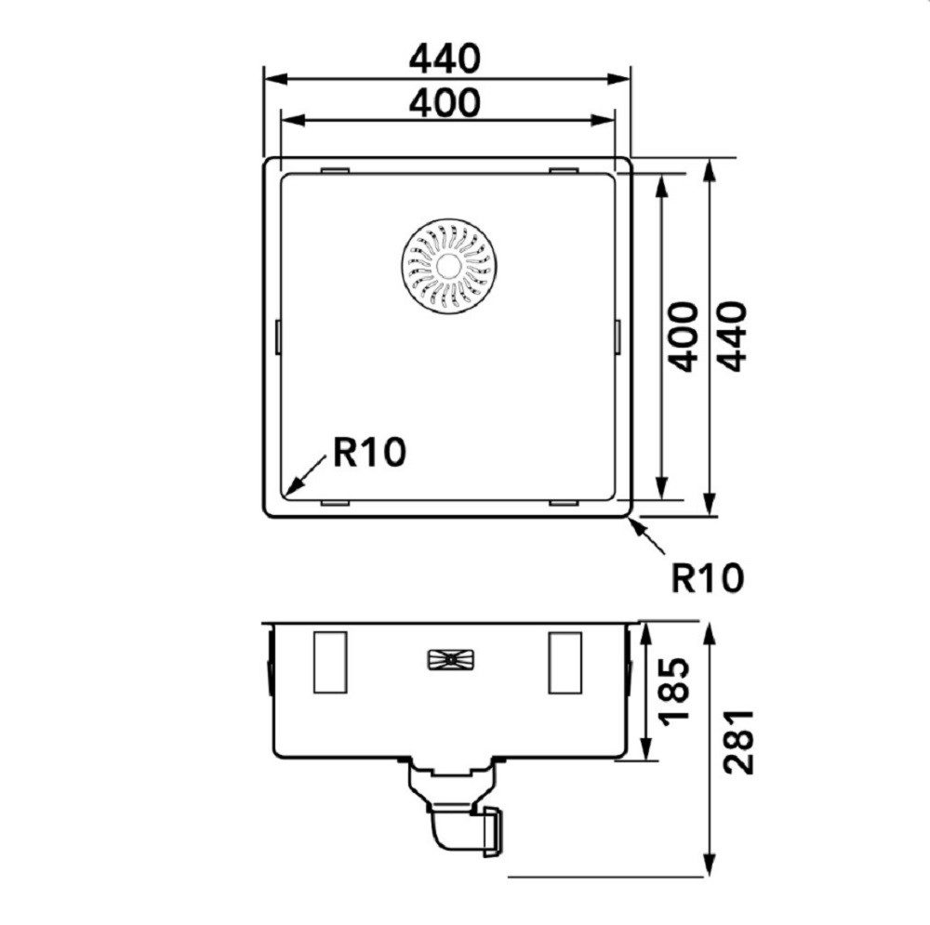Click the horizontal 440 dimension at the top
(x=445, y=59)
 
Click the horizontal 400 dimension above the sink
(x=445, y=102)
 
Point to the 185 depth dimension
(x=676, y=688)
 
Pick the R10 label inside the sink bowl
(x=369, y=452)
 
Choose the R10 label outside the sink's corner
(x=707, y=577)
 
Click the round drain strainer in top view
(x=448, y=266)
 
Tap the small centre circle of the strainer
(x=448, y=266)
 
